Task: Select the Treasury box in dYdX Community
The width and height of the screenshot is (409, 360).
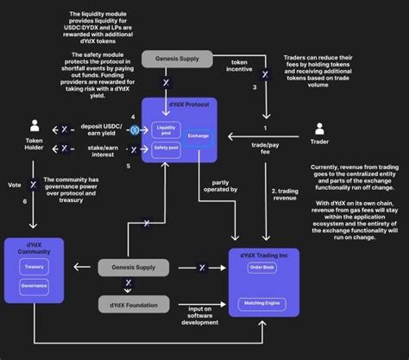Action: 34,267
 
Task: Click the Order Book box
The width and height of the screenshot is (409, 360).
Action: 262,268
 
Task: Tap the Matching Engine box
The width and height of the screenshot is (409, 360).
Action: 262,303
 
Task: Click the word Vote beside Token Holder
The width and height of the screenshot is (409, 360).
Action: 13,184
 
